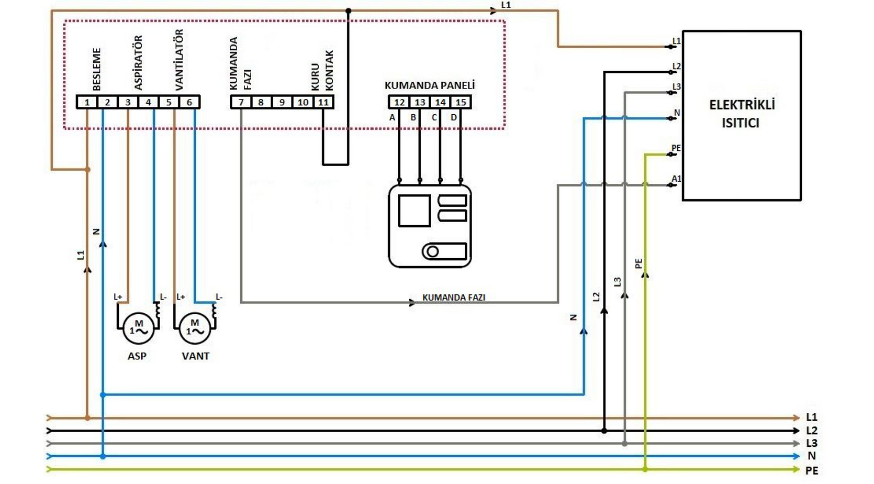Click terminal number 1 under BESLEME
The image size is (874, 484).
[87, 102]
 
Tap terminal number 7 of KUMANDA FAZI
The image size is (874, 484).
[241, 102]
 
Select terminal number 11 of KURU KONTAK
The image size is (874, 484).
[323, 102]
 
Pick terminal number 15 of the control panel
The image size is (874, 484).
[461, 102]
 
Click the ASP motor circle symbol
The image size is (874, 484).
[139, 328]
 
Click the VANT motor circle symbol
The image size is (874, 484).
[195, 328]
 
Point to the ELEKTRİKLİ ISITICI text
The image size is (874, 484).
[742, 114]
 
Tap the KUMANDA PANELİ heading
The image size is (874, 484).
[430, 85]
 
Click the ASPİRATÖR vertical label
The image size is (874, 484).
[138, 63]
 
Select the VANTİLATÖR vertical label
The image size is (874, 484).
[179, 60]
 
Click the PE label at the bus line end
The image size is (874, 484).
[812, 471]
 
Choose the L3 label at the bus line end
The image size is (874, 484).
[812, 443]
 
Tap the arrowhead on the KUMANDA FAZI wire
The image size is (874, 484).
[412, 302]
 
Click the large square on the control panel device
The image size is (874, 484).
[414, 211]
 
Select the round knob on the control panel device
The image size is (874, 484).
[432, 251]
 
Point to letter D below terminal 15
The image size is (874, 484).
[453, 117]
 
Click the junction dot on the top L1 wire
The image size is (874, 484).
[349, 11]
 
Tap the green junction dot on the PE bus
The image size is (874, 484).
[645, 469]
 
